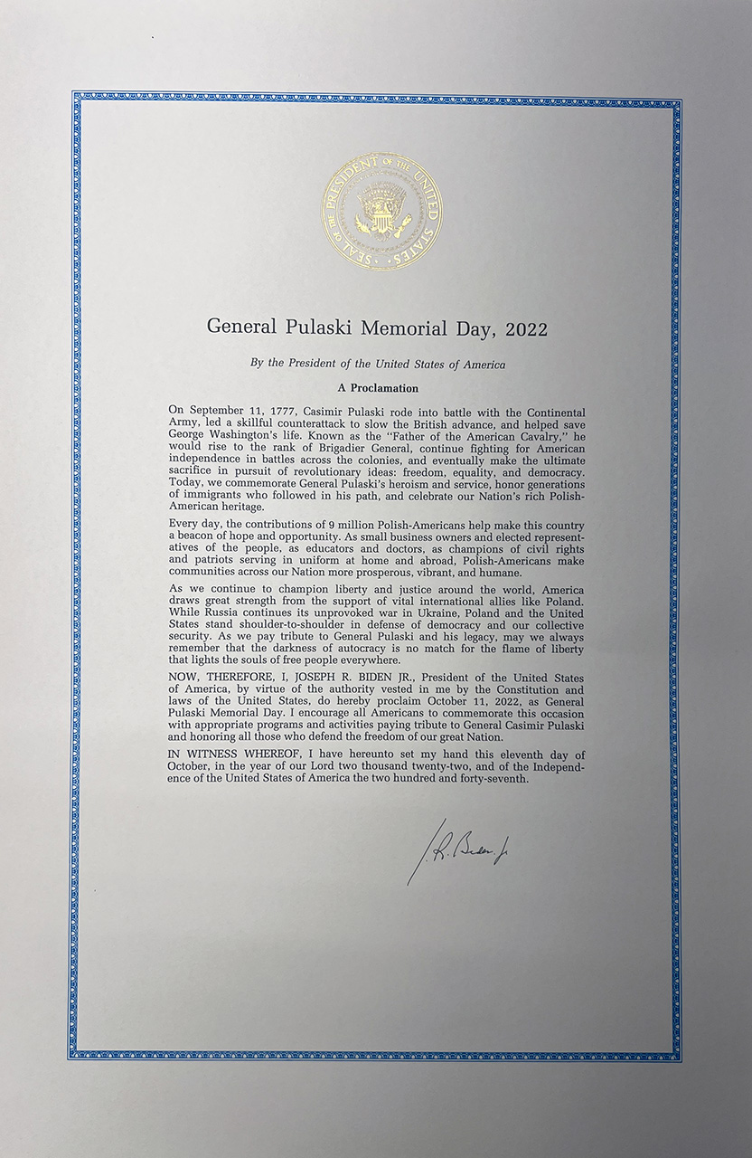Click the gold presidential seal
(x=381, y=212)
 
